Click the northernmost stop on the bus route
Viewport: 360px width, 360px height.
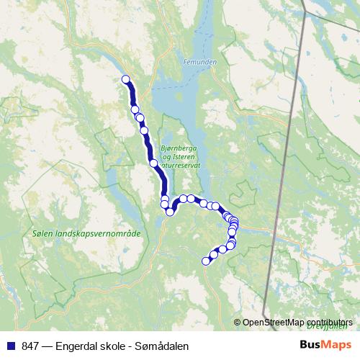click(126, 79)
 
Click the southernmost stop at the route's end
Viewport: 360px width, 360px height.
click(206, 261)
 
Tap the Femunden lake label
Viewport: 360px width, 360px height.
click(199, 63)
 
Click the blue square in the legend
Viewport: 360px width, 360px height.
click(11, 346)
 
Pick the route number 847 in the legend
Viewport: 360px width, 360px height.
click(30, 346)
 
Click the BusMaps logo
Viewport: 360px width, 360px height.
click(327, 345)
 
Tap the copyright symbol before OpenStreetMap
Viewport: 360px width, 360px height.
click(238, 322)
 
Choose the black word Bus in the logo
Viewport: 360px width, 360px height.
click(311, 345)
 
